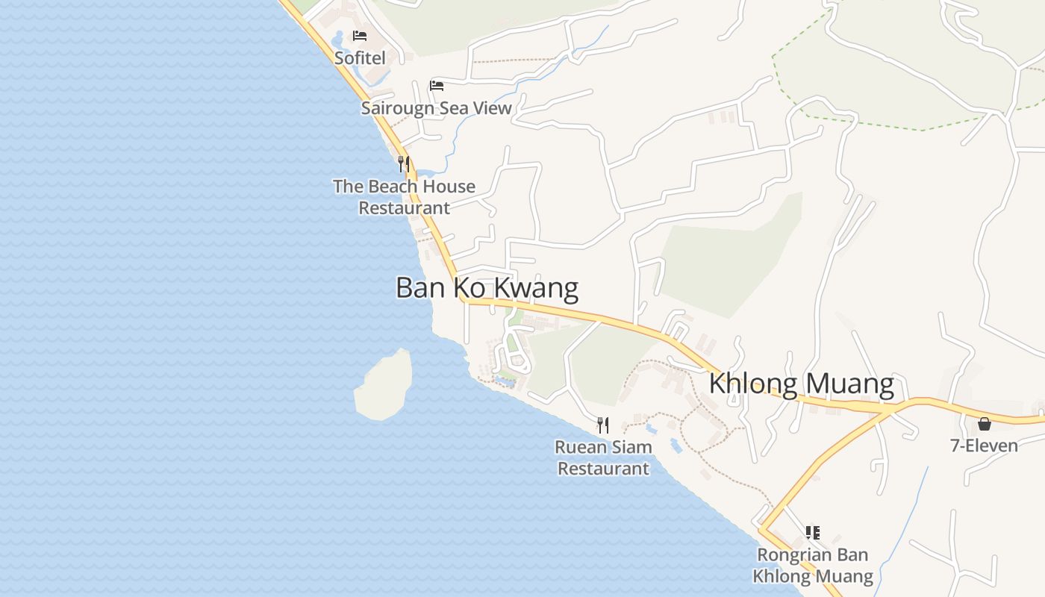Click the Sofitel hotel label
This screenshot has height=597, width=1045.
coord(360,58)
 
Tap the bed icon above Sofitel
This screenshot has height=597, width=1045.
coord(360,36)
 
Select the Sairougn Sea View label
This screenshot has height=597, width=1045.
coord(437,108)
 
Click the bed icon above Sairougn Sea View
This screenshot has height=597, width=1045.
coord(437,86)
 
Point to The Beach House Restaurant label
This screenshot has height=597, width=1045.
coord(404,197)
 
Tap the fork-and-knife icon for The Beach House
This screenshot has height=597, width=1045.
coord(404,163)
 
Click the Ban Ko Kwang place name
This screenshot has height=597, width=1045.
coord(487,288)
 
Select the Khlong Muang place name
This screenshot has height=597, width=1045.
coord(801,384)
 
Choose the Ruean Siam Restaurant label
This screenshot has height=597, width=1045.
coord(603,457)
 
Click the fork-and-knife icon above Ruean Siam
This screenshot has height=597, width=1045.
coord(603,425)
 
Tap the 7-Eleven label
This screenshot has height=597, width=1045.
coord(984,446)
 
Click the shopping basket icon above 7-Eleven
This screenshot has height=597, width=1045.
coord(985,424)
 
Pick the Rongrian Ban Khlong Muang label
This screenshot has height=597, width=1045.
coord(812,566)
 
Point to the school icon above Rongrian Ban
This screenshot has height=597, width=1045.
coord(813,533)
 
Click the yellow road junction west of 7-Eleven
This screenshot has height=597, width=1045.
coord(890,409)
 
